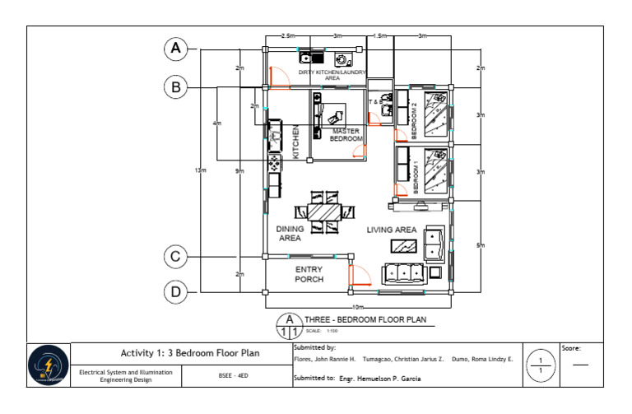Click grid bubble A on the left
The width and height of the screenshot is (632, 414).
[x=175, y=49]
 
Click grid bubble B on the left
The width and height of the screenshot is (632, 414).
[x=175, y=86]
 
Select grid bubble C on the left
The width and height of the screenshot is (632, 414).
[x=175, y=257]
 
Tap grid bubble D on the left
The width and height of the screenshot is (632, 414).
[x=175, y=291]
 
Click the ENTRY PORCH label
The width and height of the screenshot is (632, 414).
[x=309, y=274]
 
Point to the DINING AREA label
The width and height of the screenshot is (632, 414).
[x=289, y=234]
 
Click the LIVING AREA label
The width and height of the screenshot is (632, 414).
[x=392, y=230]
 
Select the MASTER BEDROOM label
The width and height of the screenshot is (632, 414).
[x=346, y=135]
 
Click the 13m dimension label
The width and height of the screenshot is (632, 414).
[x=200, y=170]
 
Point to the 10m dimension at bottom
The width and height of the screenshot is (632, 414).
[x=358, y=306]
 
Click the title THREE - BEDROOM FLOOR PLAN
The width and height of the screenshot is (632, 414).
[x=365, y=321]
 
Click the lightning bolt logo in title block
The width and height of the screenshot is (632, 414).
[x=49, y=365]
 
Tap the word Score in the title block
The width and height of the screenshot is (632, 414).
[x=572, y=348]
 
